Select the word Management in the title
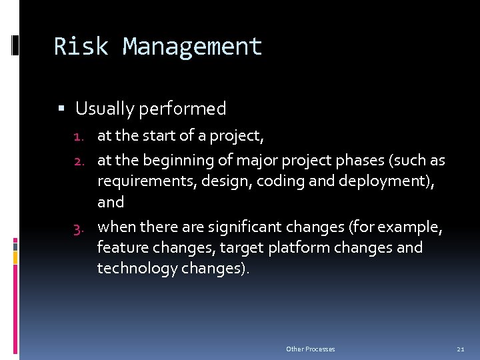click(193, 47)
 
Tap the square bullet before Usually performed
click(61, 108)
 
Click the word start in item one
click(159, 137)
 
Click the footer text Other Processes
click(311, 349)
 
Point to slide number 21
click(460, 349)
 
